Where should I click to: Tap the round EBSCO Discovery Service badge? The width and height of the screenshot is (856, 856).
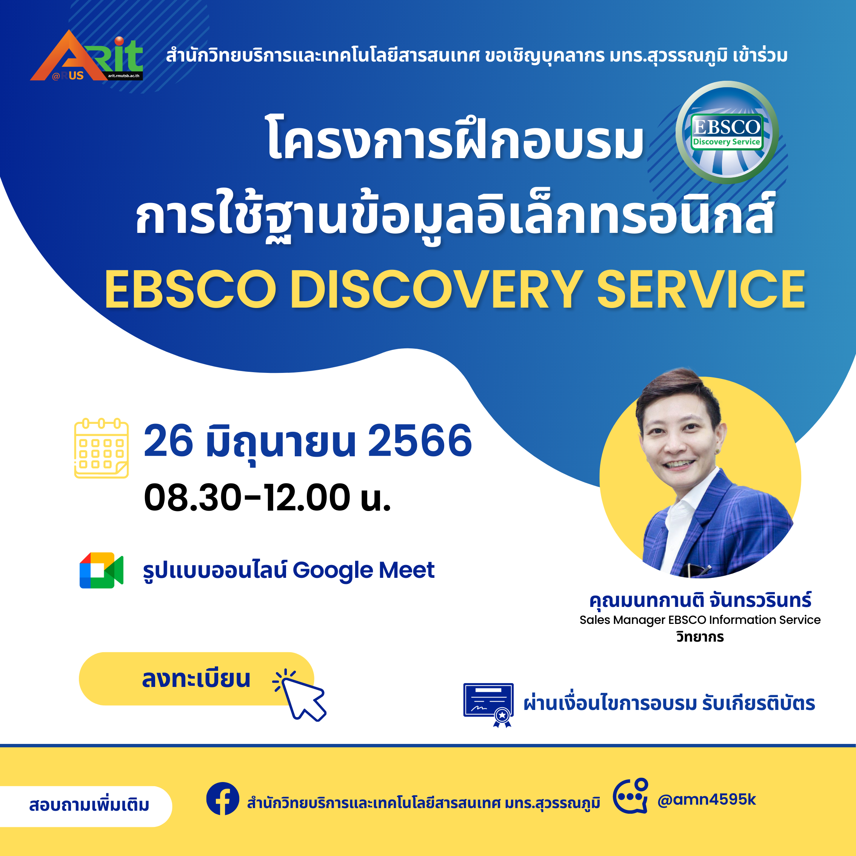[x=727, y=132]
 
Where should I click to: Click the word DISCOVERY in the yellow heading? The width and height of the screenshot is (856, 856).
[x=436, y=290]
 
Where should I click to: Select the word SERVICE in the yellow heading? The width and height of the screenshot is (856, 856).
[x=701, y=290]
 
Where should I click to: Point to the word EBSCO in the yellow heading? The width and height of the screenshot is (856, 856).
[x=191, y=290]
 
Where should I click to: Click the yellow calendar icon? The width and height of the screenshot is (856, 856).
[x=102, y=448]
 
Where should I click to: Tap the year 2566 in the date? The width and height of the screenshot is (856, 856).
[x=420, y=440]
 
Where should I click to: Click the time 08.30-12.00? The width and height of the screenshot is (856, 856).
[x=247, y=497]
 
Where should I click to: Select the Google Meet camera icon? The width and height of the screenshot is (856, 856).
[x=102, y=570]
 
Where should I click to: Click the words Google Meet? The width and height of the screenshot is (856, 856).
[x=363, y=570]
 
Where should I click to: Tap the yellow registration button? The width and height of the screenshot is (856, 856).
[x=196, y=679]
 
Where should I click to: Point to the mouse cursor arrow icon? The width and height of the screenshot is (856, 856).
[x=301, y=696]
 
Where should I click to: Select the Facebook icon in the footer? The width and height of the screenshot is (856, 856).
[x=223, y=799]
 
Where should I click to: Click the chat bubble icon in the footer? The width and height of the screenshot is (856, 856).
[x=630, y=796]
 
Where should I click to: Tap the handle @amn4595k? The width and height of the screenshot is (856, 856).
[x=707, y=799]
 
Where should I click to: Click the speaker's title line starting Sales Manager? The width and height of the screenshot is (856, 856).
[x=700, y=620]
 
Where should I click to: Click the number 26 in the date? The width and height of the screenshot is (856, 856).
[x=168, y=440]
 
